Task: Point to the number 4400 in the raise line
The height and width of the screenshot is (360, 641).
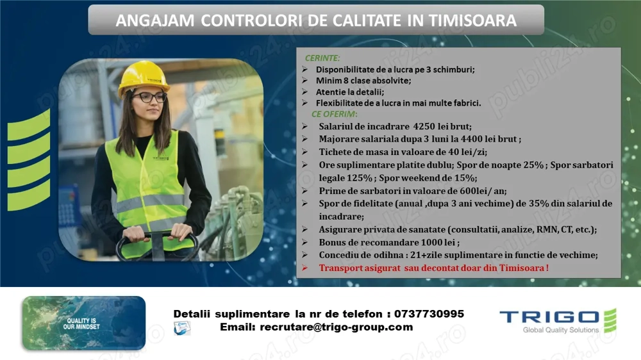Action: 466,139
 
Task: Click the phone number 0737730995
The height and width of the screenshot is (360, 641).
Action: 429,314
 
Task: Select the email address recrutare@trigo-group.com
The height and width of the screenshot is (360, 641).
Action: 337,327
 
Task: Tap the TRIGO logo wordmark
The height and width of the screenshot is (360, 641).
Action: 549,317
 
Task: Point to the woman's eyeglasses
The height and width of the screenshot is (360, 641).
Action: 151,97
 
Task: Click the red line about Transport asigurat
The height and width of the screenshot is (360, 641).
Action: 434,268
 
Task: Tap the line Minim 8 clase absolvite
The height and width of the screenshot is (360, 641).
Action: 363,81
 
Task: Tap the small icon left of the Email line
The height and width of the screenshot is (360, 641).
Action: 182,328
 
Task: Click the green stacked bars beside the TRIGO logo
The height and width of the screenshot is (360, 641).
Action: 610,320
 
